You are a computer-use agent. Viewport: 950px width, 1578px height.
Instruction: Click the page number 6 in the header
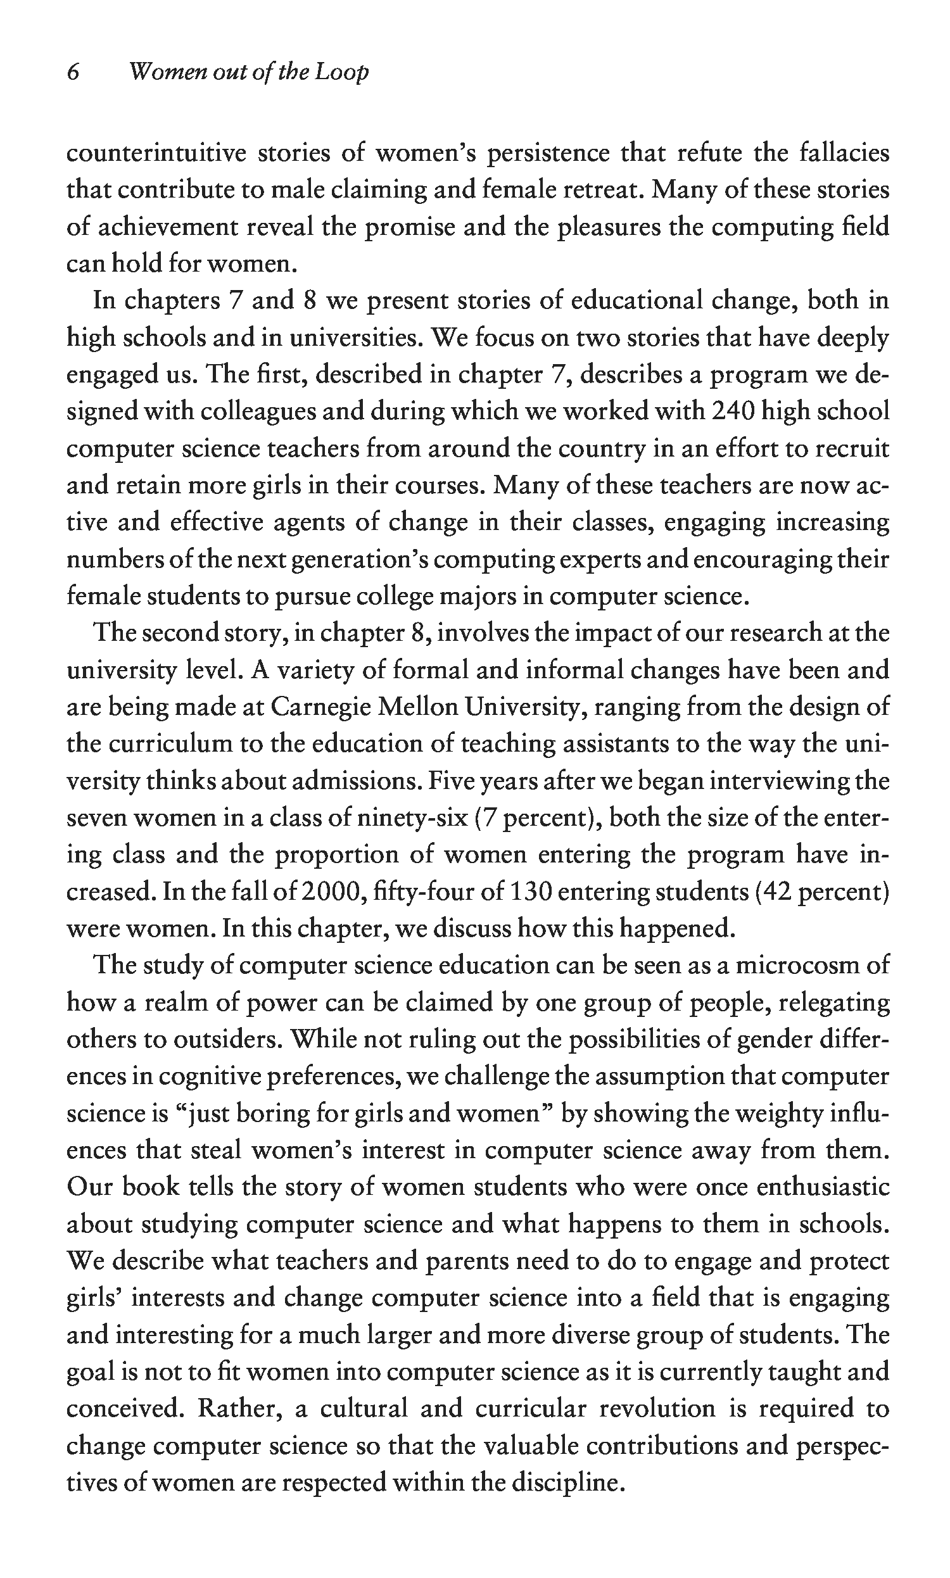click(x=73, y=72)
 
